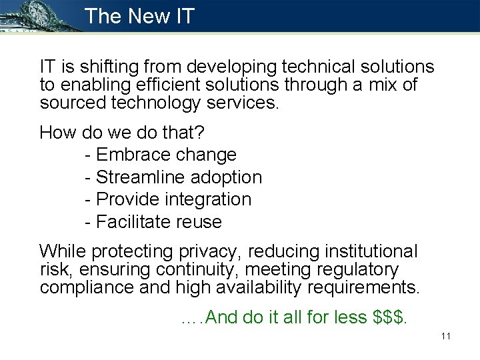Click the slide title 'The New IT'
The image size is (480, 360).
point(139,16)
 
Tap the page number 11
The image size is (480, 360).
point(446,336)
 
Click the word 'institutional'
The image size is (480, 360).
point(371,252)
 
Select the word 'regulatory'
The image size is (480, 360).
point(357,270)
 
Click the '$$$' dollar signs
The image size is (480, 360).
point(389,317)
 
